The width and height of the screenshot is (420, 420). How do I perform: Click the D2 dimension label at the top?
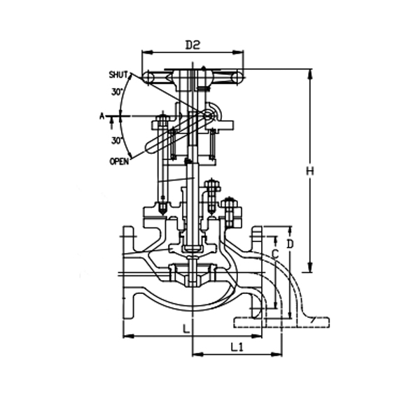point(193,45)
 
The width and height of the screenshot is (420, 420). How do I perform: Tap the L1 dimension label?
point(237,346)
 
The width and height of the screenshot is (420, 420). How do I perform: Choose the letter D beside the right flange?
point(290,243)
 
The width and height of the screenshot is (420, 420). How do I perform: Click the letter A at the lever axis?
point(101,116)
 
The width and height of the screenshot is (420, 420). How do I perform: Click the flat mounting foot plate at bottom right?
point(280,323)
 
